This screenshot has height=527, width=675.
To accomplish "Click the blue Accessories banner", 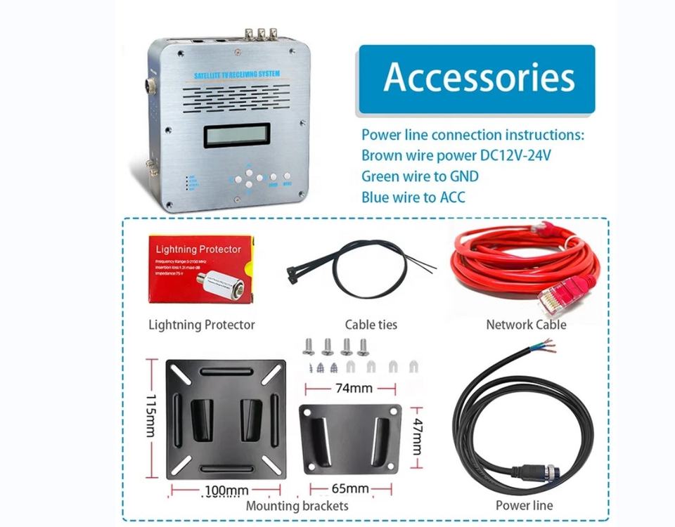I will point(477,78).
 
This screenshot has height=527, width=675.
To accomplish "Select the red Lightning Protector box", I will point(200,269).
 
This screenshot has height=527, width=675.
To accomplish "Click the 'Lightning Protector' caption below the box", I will point(202,325).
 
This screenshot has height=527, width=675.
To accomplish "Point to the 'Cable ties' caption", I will point(371,325).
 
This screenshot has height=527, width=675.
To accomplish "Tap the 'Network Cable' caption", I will point(526,325).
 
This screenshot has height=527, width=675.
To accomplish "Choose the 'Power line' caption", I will point(524,505).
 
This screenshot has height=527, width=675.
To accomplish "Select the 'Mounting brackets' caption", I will point(297,505).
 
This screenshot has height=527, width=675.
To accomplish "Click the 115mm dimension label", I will point(150,415).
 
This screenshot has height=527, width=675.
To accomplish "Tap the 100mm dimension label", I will point(226,489).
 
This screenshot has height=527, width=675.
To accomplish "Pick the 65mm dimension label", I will point(349,488).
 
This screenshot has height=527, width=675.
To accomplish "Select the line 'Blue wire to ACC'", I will point(413,197).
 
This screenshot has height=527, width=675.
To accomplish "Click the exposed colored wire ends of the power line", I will point(546,347).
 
